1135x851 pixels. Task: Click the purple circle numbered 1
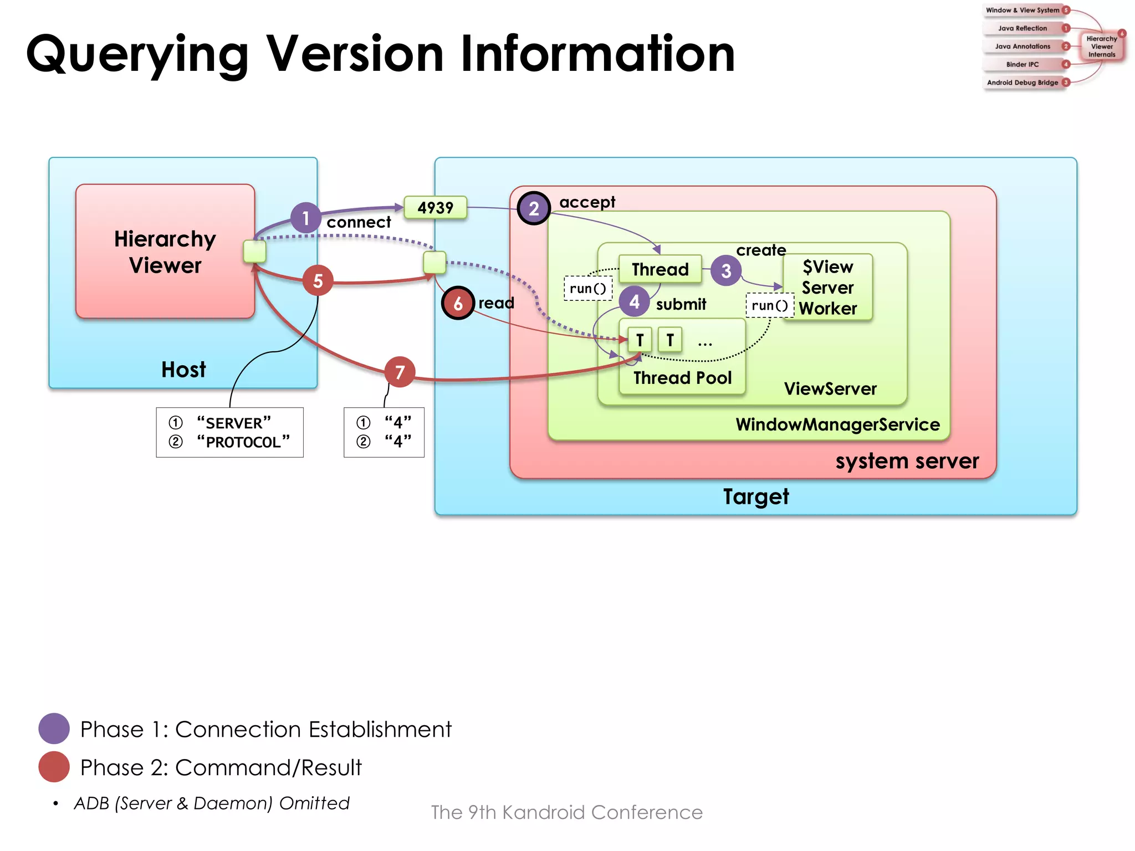point(305,218)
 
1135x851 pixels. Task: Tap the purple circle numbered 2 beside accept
point(534,208)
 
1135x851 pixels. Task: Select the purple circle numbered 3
point(726,270)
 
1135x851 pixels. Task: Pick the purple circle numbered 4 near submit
point(634,301)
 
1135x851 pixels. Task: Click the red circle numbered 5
point(318,281)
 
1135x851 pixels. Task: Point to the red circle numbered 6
point(458,303)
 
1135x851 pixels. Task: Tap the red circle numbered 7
point(400,372)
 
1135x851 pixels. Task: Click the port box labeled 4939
point(435,208)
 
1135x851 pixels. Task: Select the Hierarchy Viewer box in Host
point(165,252)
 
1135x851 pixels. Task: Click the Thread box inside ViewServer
point(660,269)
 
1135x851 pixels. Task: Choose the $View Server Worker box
point(827,287)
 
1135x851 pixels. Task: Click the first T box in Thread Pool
point(640,340)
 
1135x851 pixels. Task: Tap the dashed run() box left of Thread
point(587,289)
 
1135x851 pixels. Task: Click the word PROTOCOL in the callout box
point(243,442)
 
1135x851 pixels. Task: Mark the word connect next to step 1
point(359,222)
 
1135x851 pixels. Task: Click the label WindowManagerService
point(837,424)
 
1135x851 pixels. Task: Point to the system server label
point(907,461)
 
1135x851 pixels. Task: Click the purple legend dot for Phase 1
point(54,729)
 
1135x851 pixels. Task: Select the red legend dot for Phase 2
point(54,767)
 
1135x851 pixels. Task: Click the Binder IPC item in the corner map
point(1022,64)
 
